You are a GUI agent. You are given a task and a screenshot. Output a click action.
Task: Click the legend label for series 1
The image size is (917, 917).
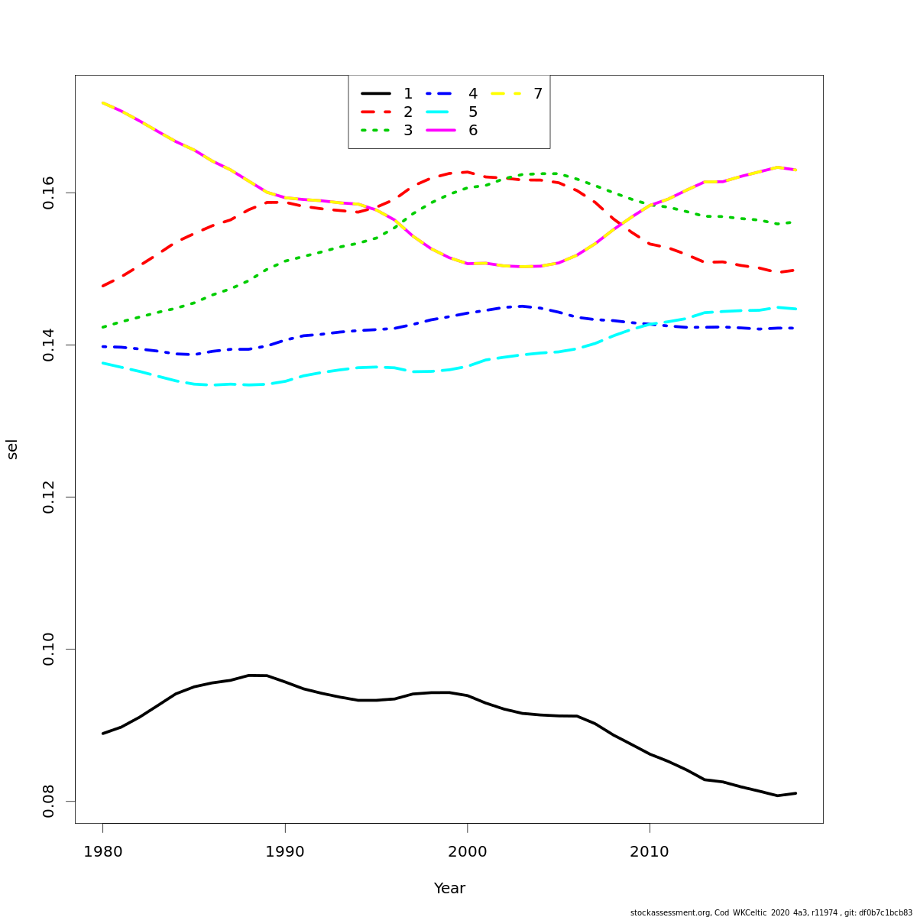(408, 94)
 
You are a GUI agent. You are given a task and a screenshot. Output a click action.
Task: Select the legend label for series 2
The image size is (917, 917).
(408, 112)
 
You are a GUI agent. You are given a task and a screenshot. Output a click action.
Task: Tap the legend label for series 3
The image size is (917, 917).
(408, 131)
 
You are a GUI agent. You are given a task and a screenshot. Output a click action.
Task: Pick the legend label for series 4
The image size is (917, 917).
(473, 94)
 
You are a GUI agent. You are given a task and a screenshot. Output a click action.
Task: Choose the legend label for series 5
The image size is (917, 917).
(473, 112)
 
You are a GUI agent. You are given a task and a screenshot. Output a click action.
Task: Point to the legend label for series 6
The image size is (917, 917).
(473, 131)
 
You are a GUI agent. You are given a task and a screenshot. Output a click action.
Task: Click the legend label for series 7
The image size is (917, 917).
(538, 94)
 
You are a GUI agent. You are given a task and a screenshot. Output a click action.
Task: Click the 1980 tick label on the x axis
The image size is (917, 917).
(102, 852)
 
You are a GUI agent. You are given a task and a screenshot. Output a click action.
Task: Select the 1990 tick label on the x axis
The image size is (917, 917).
(285, 852)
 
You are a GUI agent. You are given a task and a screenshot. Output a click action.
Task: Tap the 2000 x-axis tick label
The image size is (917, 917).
(467, 852)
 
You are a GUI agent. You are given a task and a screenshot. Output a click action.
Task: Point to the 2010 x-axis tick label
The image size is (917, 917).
(650, 852)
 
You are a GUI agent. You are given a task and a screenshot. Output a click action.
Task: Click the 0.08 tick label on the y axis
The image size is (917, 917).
(49, 802)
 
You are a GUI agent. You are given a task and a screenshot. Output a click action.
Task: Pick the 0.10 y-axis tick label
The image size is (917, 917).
(49, 650)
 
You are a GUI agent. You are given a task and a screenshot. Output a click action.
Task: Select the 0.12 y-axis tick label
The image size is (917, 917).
(49, 497)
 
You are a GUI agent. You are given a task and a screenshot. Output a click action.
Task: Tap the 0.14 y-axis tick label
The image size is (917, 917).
(49, 345)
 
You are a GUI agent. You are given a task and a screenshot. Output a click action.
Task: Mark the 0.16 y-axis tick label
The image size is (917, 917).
(49, 193)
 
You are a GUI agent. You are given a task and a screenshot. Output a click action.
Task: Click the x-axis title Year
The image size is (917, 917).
(449, 889)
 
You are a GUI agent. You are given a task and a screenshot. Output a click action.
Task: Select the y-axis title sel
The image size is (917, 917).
(12, 449)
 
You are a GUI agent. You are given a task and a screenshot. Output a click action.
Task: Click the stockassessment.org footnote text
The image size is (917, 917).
(771, 912)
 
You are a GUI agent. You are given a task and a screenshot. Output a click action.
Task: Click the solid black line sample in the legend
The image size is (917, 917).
(376, 94)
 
